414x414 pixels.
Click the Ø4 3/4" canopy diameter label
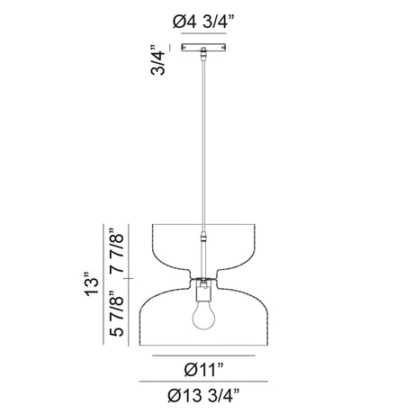point(203,22)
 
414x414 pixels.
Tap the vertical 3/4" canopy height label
point(158,60)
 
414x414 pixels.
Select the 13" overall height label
point(92,284)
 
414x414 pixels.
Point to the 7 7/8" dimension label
point(117,250)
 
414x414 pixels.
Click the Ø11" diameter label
point(204,369)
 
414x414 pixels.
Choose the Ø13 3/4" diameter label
point(204,395)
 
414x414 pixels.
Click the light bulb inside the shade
point(203,315)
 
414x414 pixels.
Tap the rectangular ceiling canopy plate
point(203,48)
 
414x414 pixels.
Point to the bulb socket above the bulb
point(203,291)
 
